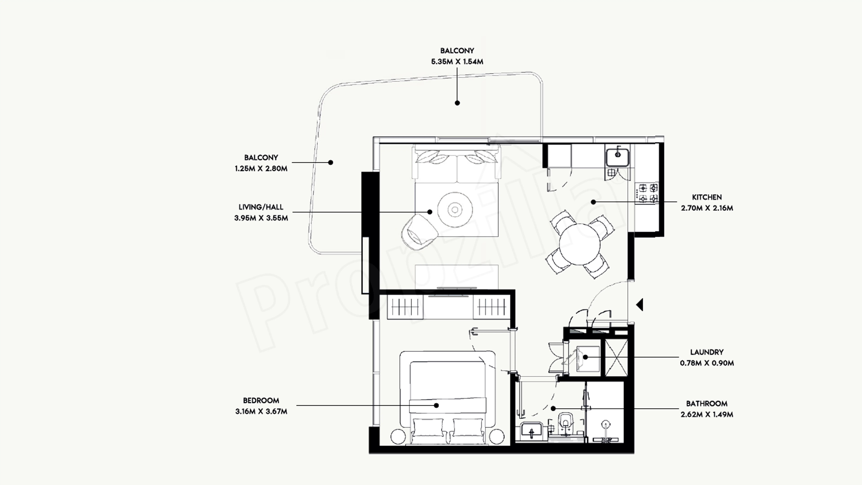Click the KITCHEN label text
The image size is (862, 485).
pyautogui.click(x=707, y=197)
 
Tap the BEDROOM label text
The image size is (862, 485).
pyautogui.click(x=261, y=400)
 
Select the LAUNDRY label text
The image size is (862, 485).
pyautogui.click(x=707, y=352)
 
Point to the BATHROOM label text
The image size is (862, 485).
pyautogui.click(x=707, y=403)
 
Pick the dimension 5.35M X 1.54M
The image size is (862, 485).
pyautogui.click(x=457, y=62)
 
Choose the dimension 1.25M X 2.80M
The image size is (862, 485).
pyautogui.click(x=261, y=168)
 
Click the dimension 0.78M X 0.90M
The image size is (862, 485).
pyautogui.click(x=707, y=363)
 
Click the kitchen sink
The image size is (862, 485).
pyautogui.click(x=617, y=157)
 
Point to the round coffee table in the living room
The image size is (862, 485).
pyautogui.click(x=455, y=210)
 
